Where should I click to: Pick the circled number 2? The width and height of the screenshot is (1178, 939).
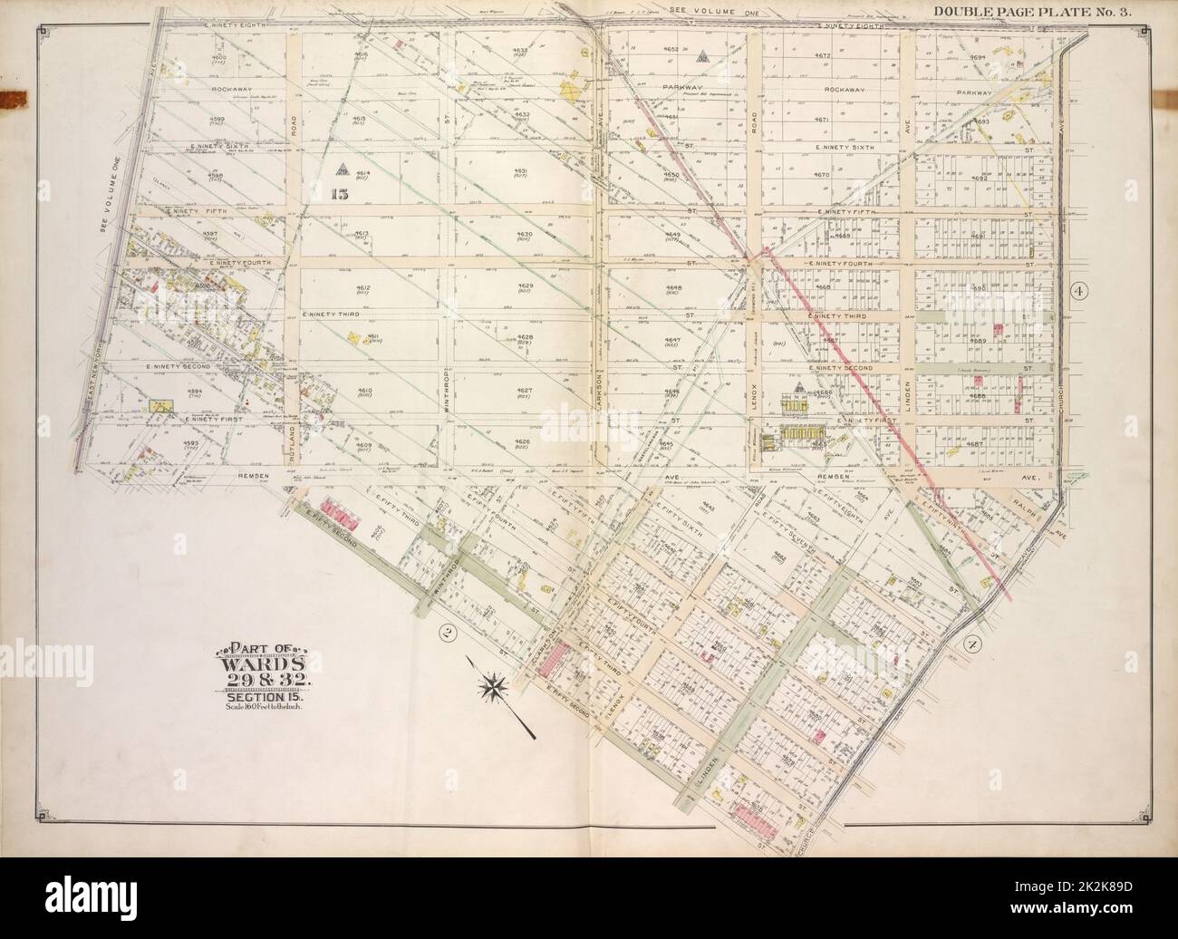coord(445,632)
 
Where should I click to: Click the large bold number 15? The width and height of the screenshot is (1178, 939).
coord(340,191)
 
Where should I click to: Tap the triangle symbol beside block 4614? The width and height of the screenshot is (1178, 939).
coord(343,168)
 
